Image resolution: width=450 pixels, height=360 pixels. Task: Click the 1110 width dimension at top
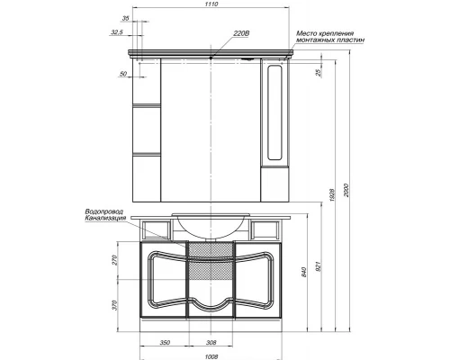(x=211, y=4)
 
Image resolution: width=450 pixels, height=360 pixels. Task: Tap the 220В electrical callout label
(x=241, y=33)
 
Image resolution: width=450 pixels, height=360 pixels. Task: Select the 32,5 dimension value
(x=117, y=32)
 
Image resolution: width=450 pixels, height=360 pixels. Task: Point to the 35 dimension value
(x=125, y=18)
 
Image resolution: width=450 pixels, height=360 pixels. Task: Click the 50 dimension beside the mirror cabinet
(x=123, y=74)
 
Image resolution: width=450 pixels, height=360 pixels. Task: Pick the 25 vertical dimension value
(x=319, y=72)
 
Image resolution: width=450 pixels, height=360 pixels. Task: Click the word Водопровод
(x=104, y=211)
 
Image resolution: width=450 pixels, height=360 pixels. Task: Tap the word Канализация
(x=105, y=218)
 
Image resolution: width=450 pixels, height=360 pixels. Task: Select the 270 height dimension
(x=115, y=260)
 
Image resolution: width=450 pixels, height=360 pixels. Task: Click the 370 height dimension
(x=115, y=305)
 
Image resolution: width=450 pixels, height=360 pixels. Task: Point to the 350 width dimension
(x=165, y=343)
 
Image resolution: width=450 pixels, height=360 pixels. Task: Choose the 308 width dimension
(x=211, y=343)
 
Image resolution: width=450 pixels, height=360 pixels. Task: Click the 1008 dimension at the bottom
(x=211, y=357)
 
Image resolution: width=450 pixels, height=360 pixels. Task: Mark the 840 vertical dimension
(x=304, y=272)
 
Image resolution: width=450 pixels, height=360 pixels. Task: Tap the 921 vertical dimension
(x=319, y=266)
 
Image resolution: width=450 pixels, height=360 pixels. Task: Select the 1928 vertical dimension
(x=332, y=195)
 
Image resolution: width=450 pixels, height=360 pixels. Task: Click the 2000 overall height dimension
(x=346, y=190)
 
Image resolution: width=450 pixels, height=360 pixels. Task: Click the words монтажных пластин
(x=330, y=40)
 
